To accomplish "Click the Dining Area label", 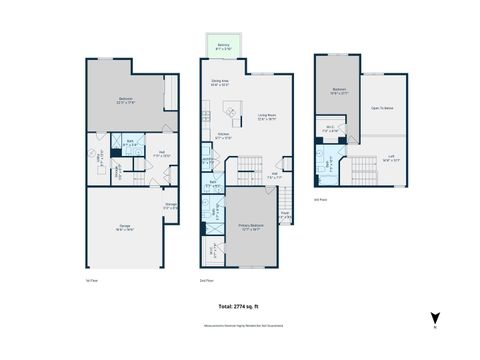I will pos(221,83).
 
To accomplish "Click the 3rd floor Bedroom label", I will pos(338,91).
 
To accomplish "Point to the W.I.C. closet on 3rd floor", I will pos(331,128).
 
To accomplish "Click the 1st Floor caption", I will pos(91,279).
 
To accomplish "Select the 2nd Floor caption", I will pos(207,279).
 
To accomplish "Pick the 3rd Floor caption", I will pos(320,199).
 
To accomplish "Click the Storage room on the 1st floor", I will pos(171,207).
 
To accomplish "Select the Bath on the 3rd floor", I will pos(329,161).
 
